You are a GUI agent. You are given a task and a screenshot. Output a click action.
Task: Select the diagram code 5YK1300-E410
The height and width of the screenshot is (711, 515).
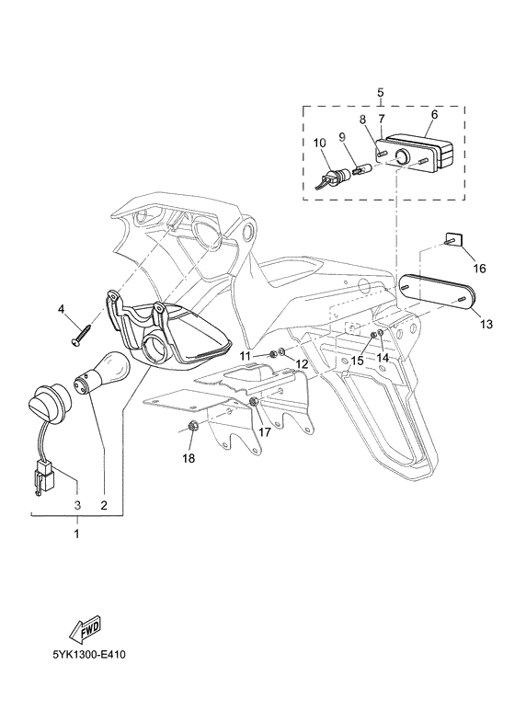pyautogui.click(x=89, y=655)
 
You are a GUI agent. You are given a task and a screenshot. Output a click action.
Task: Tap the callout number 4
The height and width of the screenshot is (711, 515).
pyautogui.click(x=61, y=310)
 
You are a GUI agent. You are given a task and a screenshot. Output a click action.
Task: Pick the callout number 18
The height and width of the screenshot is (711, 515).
pyautogui.click(x=189, y=458)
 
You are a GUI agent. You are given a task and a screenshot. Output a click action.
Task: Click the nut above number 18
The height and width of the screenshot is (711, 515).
pyautogui.click(x=191, y=426)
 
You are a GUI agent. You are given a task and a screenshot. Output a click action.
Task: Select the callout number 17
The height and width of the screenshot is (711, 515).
pyautogui.click(x=265, y=431)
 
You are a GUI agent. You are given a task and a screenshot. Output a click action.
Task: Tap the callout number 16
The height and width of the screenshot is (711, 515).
pyautogui.click(x=479, y=269)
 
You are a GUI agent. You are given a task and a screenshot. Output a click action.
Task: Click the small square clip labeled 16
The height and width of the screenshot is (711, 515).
pyautogui.click(x=452, y=238)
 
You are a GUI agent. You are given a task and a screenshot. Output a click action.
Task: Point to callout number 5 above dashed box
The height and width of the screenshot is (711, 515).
pyautogui.click(x=381, y=92)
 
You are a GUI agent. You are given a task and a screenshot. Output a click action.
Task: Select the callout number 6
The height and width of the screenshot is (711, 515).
pyautogui.click(x=434, y=114)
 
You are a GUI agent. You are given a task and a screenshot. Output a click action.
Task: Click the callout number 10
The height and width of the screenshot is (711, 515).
pyautogui.click(x=319, y=143)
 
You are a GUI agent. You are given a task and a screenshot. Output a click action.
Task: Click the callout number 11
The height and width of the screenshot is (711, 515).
pyautogui.click(x=246, y=353)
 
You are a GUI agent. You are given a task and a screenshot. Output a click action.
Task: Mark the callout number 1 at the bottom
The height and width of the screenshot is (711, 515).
pyautogui.click(x=77, y=533)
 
